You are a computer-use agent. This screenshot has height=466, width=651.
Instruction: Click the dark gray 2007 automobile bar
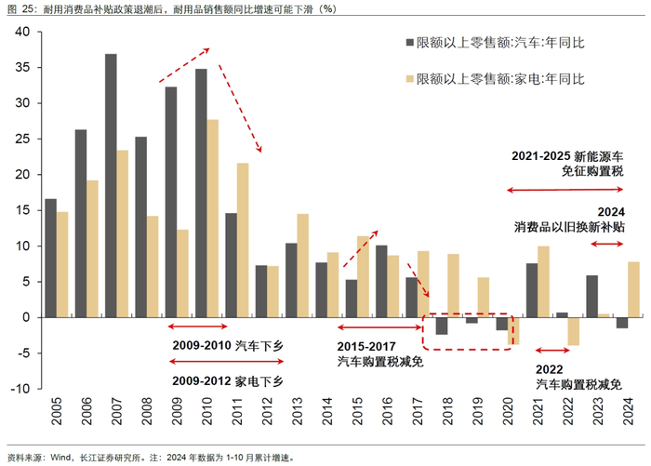pos(111,185)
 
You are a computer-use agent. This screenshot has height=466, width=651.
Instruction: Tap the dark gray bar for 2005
pos(50,258)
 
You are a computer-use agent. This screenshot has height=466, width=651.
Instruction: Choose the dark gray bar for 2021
pos(532,290)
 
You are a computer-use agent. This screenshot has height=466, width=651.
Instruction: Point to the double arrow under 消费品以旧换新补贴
pos(607,245)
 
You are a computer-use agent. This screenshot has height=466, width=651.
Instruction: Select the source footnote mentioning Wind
pos(149,458)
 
